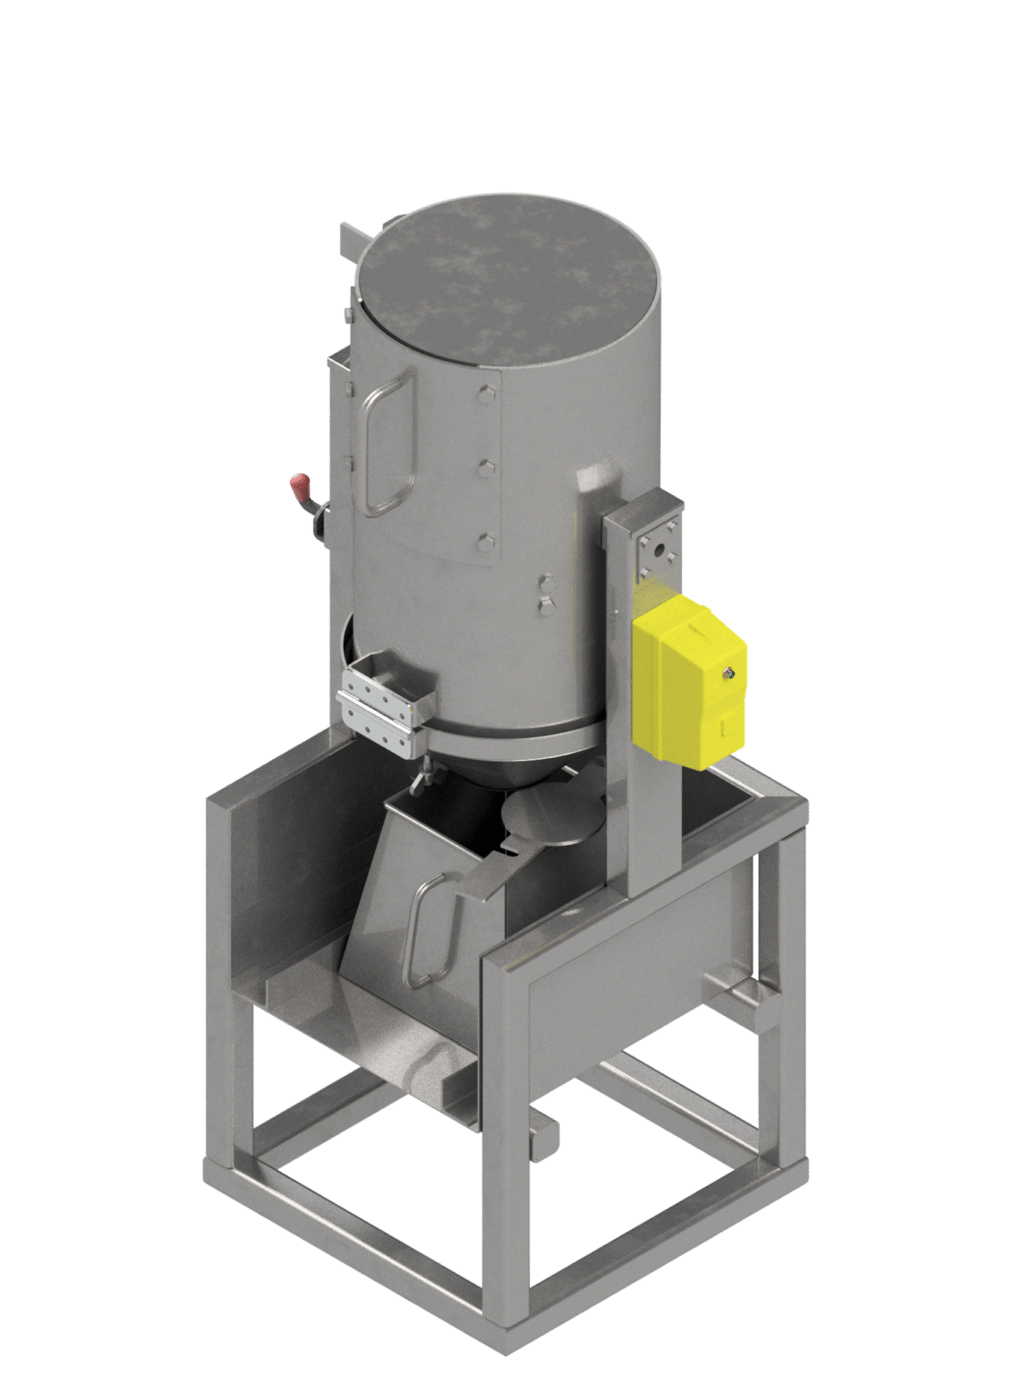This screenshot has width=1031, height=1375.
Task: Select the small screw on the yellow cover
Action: (x=731, y=671)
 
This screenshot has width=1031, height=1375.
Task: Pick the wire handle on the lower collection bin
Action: (x=424, y=931)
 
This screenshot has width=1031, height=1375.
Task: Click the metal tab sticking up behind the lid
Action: (x=350, y=242)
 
